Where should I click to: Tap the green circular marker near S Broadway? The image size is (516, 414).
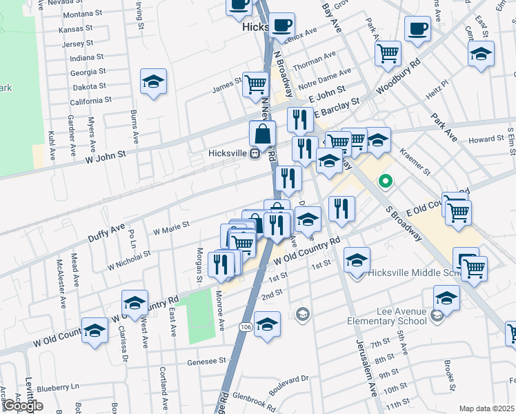pyautogui.click(x=385, y=182)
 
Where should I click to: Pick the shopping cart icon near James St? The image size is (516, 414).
pyautogui.click(x=256, y=84)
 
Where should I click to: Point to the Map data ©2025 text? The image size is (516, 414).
pyautogui.click(x=486, y=408)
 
